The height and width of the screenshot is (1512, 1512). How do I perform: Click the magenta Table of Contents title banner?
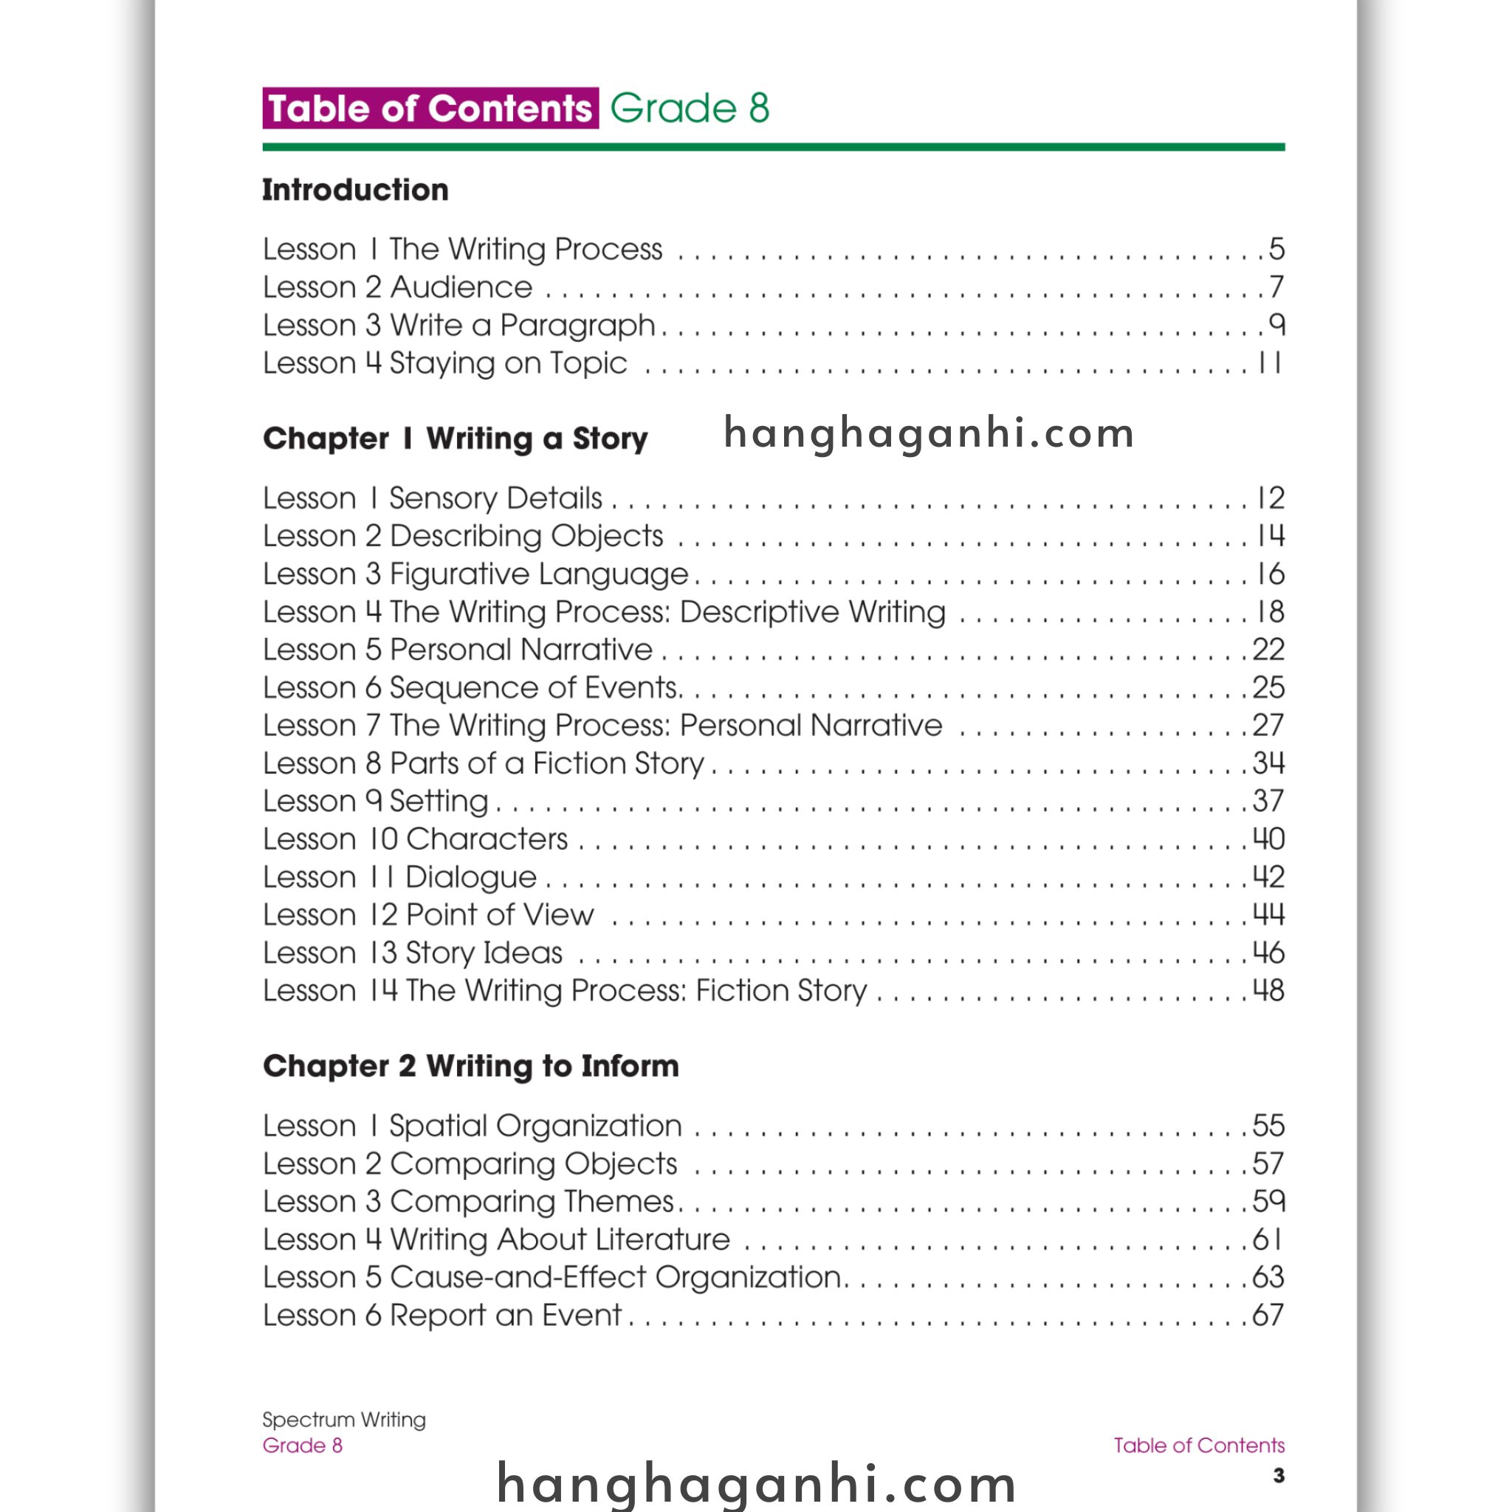point(430,108)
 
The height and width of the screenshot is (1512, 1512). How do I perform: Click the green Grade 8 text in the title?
point(690,108)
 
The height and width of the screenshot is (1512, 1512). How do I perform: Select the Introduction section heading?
point(355,190)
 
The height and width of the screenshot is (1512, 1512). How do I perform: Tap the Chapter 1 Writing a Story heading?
point(455,439)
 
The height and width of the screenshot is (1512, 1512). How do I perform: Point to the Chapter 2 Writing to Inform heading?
point(470,1066)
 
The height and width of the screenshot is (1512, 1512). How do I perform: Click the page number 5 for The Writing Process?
point(1276,249)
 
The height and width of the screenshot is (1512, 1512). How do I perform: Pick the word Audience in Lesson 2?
point(461,287)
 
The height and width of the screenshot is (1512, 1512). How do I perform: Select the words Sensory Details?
point(495,498)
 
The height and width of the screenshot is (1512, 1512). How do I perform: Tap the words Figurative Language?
point(538,574)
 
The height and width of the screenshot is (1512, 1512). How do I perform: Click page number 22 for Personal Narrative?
point(1268,650)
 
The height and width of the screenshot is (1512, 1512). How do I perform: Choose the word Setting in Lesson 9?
point(439,801)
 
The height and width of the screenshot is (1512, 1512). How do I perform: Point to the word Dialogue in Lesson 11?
point(470,877)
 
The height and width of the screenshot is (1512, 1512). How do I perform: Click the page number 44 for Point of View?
point(1268,914)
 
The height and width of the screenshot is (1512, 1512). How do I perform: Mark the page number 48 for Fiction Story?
point(1268,990)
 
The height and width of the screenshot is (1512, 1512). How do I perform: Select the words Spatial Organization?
point(535,1126)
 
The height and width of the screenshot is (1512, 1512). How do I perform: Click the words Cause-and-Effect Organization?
point(615,1277)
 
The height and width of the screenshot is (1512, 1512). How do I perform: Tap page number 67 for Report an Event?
point(1268,1316)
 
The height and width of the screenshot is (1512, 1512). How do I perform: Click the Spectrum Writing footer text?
point(343,1420)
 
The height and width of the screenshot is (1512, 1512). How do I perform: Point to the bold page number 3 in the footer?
point(1278,1475)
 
